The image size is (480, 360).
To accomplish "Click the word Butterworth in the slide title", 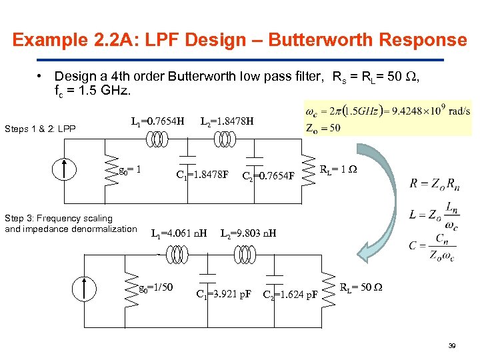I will click(323, 40).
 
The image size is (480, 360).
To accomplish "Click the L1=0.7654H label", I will click(157, 121).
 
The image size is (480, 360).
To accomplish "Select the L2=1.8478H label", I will click(227, 121).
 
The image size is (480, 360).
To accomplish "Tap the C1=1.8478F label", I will click(202, 175).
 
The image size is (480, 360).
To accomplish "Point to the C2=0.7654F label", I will click(268, 176).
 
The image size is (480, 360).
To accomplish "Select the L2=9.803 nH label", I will click(248, 234).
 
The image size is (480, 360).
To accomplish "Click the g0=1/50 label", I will click(155, 288).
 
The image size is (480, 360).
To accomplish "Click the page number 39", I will click(452, 345).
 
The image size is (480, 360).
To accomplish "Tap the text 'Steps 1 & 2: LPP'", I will click(39, 129).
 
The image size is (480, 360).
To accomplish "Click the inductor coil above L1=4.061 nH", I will click(178, 254).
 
